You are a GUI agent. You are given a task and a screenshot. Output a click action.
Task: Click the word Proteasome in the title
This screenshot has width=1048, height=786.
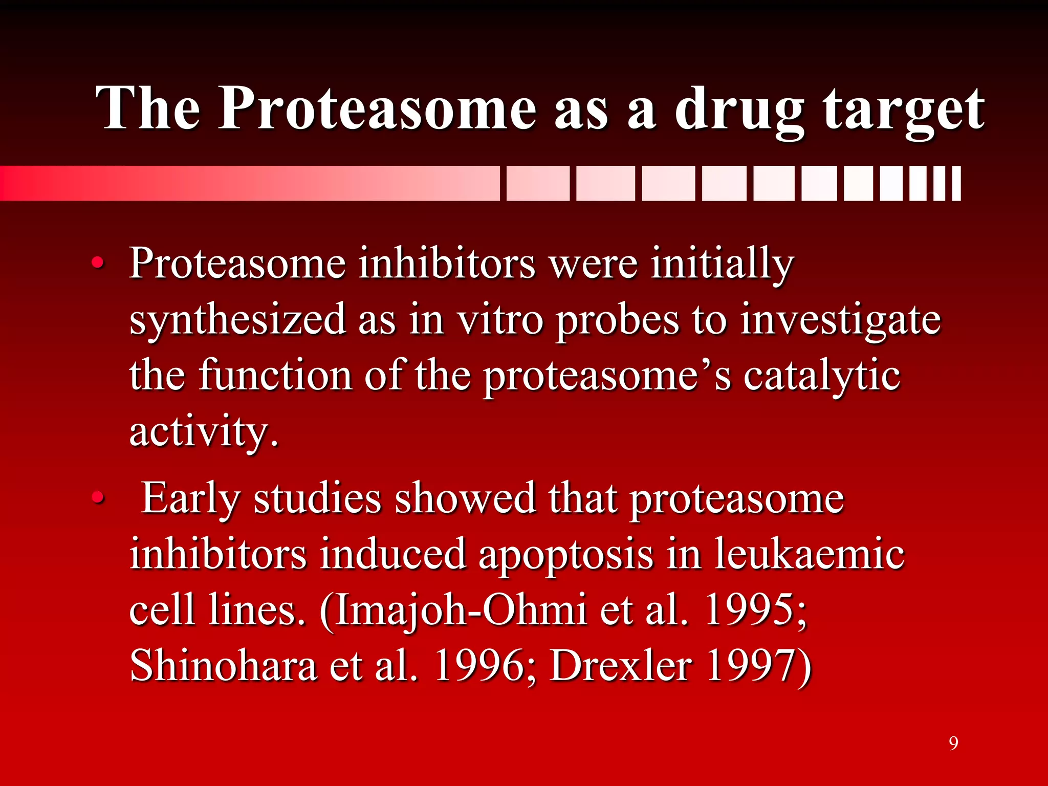coord(378,108)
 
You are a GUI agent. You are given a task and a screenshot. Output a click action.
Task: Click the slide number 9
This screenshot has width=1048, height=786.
coord(953,743)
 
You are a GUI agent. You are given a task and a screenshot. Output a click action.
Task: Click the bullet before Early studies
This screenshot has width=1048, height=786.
coord(97,498)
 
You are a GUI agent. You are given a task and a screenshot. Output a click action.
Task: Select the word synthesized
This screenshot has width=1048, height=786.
coord(237,320)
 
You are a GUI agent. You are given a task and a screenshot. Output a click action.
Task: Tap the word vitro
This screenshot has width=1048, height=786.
coord(499,320)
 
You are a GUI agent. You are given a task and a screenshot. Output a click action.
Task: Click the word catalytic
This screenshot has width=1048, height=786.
coord(821,375)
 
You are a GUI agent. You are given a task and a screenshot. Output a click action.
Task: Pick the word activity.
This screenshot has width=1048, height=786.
coord(204,431)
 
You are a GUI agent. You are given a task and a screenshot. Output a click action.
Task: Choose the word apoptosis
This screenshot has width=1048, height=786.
coord(565,554)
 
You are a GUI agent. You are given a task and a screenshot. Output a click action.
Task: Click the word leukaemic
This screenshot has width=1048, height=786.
coord(809,554)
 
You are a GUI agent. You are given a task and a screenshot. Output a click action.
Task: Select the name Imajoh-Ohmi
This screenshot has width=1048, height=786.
coord(461,610)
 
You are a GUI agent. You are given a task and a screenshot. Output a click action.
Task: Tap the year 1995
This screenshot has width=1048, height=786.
coord(754,610)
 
